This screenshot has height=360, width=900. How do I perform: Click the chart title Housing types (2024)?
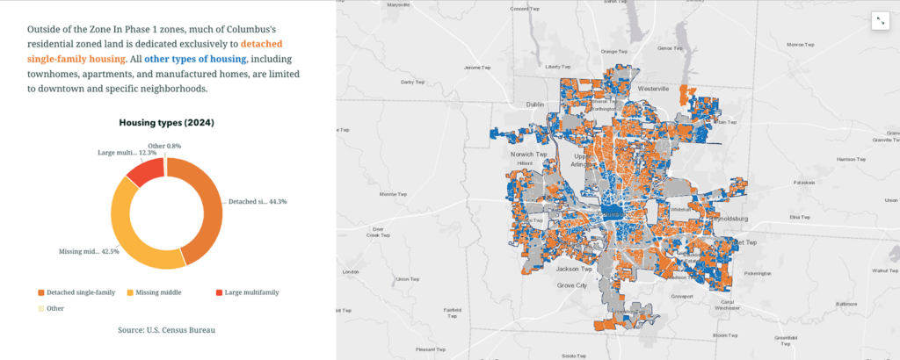tap(166, 123)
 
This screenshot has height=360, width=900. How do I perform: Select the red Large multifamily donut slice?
tap(144, 168)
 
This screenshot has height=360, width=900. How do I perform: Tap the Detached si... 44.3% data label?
tap(258, 202)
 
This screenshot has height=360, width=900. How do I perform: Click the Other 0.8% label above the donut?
tap(164, 146)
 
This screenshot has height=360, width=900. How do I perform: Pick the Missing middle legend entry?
tap(159, 292)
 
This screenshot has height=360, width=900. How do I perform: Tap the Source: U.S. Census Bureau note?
tap(166, 330)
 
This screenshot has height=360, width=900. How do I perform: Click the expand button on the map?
tap(880, 22)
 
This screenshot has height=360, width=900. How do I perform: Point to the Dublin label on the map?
tap(535, 104)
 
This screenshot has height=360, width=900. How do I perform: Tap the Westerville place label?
tap(654, 90)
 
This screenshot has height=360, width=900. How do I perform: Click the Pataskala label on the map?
tap(803, 183)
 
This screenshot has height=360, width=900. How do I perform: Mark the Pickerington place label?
tap(756, 274)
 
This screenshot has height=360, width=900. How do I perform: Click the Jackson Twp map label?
tap(572, 268)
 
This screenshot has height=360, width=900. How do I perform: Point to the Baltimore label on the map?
tap(846, 304)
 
